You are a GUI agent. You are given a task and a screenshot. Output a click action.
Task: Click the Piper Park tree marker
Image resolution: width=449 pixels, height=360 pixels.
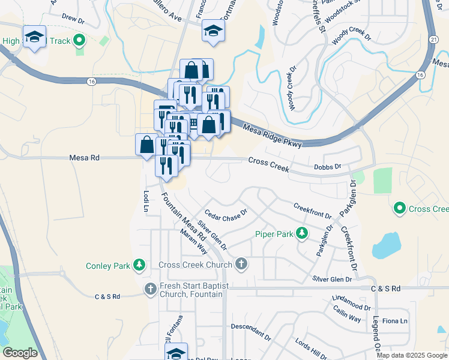[x=304, y=233]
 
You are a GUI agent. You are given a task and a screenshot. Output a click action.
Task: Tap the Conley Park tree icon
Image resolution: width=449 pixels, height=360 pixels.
[x=139, y=265]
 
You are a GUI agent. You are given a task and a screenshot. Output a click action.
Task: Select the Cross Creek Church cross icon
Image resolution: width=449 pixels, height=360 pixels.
[x=241, y=265]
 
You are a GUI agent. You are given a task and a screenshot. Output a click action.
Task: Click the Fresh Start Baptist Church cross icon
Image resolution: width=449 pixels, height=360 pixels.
[x=151, y=289]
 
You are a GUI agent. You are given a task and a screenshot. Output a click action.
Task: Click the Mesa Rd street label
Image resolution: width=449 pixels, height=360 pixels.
[x=83, y=158]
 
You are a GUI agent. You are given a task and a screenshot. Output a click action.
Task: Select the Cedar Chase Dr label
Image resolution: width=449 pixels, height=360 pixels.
[x=226, y=215]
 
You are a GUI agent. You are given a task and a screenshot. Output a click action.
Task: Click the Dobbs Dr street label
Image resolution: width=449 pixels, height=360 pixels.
[x=327, y=167]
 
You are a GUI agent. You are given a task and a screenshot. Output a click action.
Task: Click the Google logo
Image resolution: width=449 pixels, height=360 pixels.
[x=19, y=353]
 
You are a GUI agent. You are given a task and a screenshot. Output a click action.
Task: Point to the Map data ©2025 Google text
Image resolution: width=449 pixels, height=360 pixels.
[x=412, y=355]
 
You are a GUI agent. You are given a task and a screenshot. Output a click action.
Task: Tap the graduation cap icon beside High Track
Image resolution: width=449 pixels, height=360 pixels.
[x=34, y=37]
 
